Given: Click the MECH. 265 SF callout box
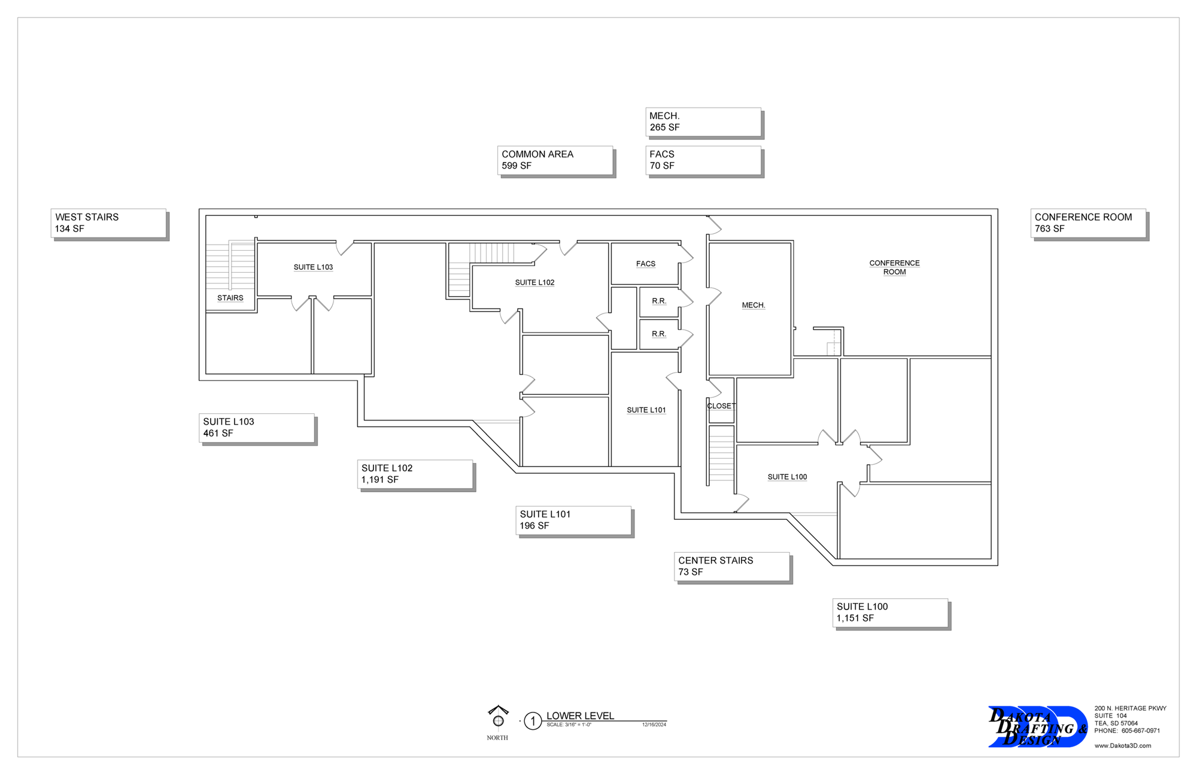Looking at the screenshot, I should pos(703,122).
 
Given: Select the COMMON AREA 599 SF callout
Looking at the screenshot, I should pos(555,160).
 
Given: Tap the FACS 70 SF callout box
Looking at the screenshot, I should pos(703,160).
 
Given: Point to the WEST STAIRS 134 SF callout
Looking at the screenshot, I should pos(108,223).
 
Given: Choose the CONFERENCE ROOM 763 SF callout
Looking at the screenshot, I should pos(1087,223).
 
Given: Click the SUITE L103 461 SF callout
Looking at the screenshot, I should pos(256,428).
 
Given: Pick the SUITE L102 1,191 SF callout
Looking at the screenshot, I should pos(415,474).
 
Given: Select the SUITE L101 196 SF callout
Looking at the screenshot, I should pos(573,520).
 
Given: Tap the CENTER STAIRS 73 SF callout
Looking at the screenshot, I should pos(731,566).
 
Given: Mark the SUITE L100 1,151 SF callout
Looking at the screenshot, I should pos(890,613).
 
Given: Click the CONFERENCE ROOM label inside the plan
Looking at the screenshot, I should pos(894,267).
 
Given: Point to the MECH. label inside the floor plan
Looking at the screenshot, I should pos(753,306).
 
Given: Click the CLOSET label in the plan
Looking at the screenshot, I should pos(721,406).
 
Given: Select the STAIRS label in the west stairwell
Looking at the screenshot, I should pos(230,298).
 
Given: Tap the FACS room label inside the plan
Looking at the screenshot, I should pos(645,264).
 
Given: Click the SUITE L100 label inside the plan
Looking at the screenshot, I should pos(787,477).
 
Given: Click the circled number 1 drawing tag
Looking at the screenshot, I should pos(533,721).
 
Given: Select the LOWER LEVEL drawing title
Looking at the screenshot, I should pos(580,716).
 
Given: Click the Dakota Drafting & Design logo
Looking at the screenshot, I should pos(1038,727).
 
